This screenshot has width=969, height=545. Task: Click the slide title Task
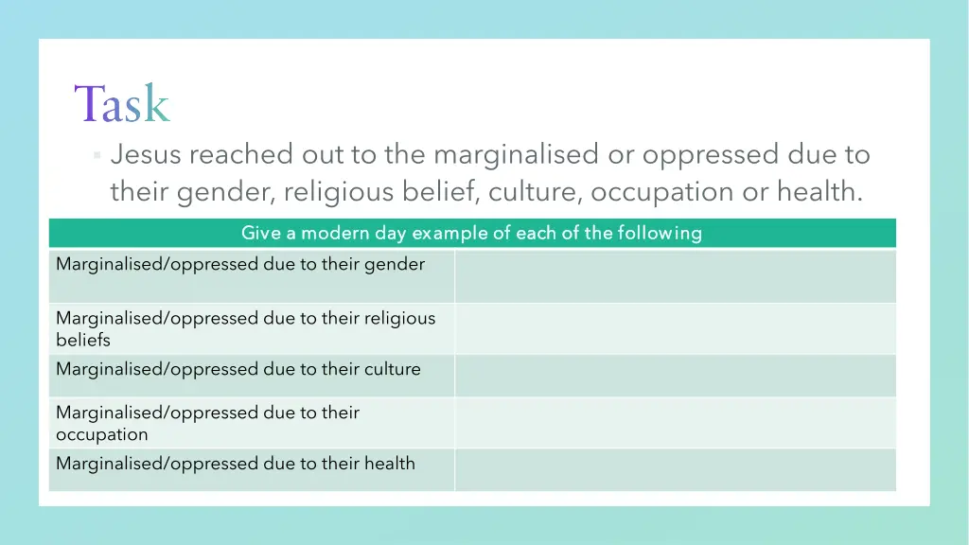point(122,103)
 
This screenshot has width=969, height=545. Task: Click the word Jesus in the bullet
point(145,154)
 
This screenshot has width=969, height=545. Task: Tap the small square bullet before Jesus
point(97,155)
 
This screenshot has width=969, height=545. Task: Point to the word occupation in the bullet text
point(661,192)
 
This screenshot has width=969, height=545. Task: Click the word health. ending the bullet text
point(819,192)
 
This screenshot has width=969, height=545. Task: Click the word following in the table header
point(660,233)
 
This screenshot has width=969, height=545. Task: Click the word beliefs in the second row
point(83,340)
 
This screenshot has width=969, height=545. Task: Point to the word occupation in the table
point(102,434)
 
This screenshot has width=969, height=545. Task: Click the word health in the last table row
point(390,463)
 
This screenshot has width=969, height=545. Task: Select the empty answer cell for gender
point(675,275)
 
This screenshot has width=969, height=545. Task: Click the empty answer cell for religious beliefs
point(675,328)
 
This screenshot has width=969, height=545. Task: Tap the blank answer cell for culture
point(675,376)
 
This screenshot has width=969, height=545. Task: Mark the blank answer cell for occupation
point(675,422)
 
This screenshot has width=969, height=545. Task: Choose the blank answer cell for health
point(675,469)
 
